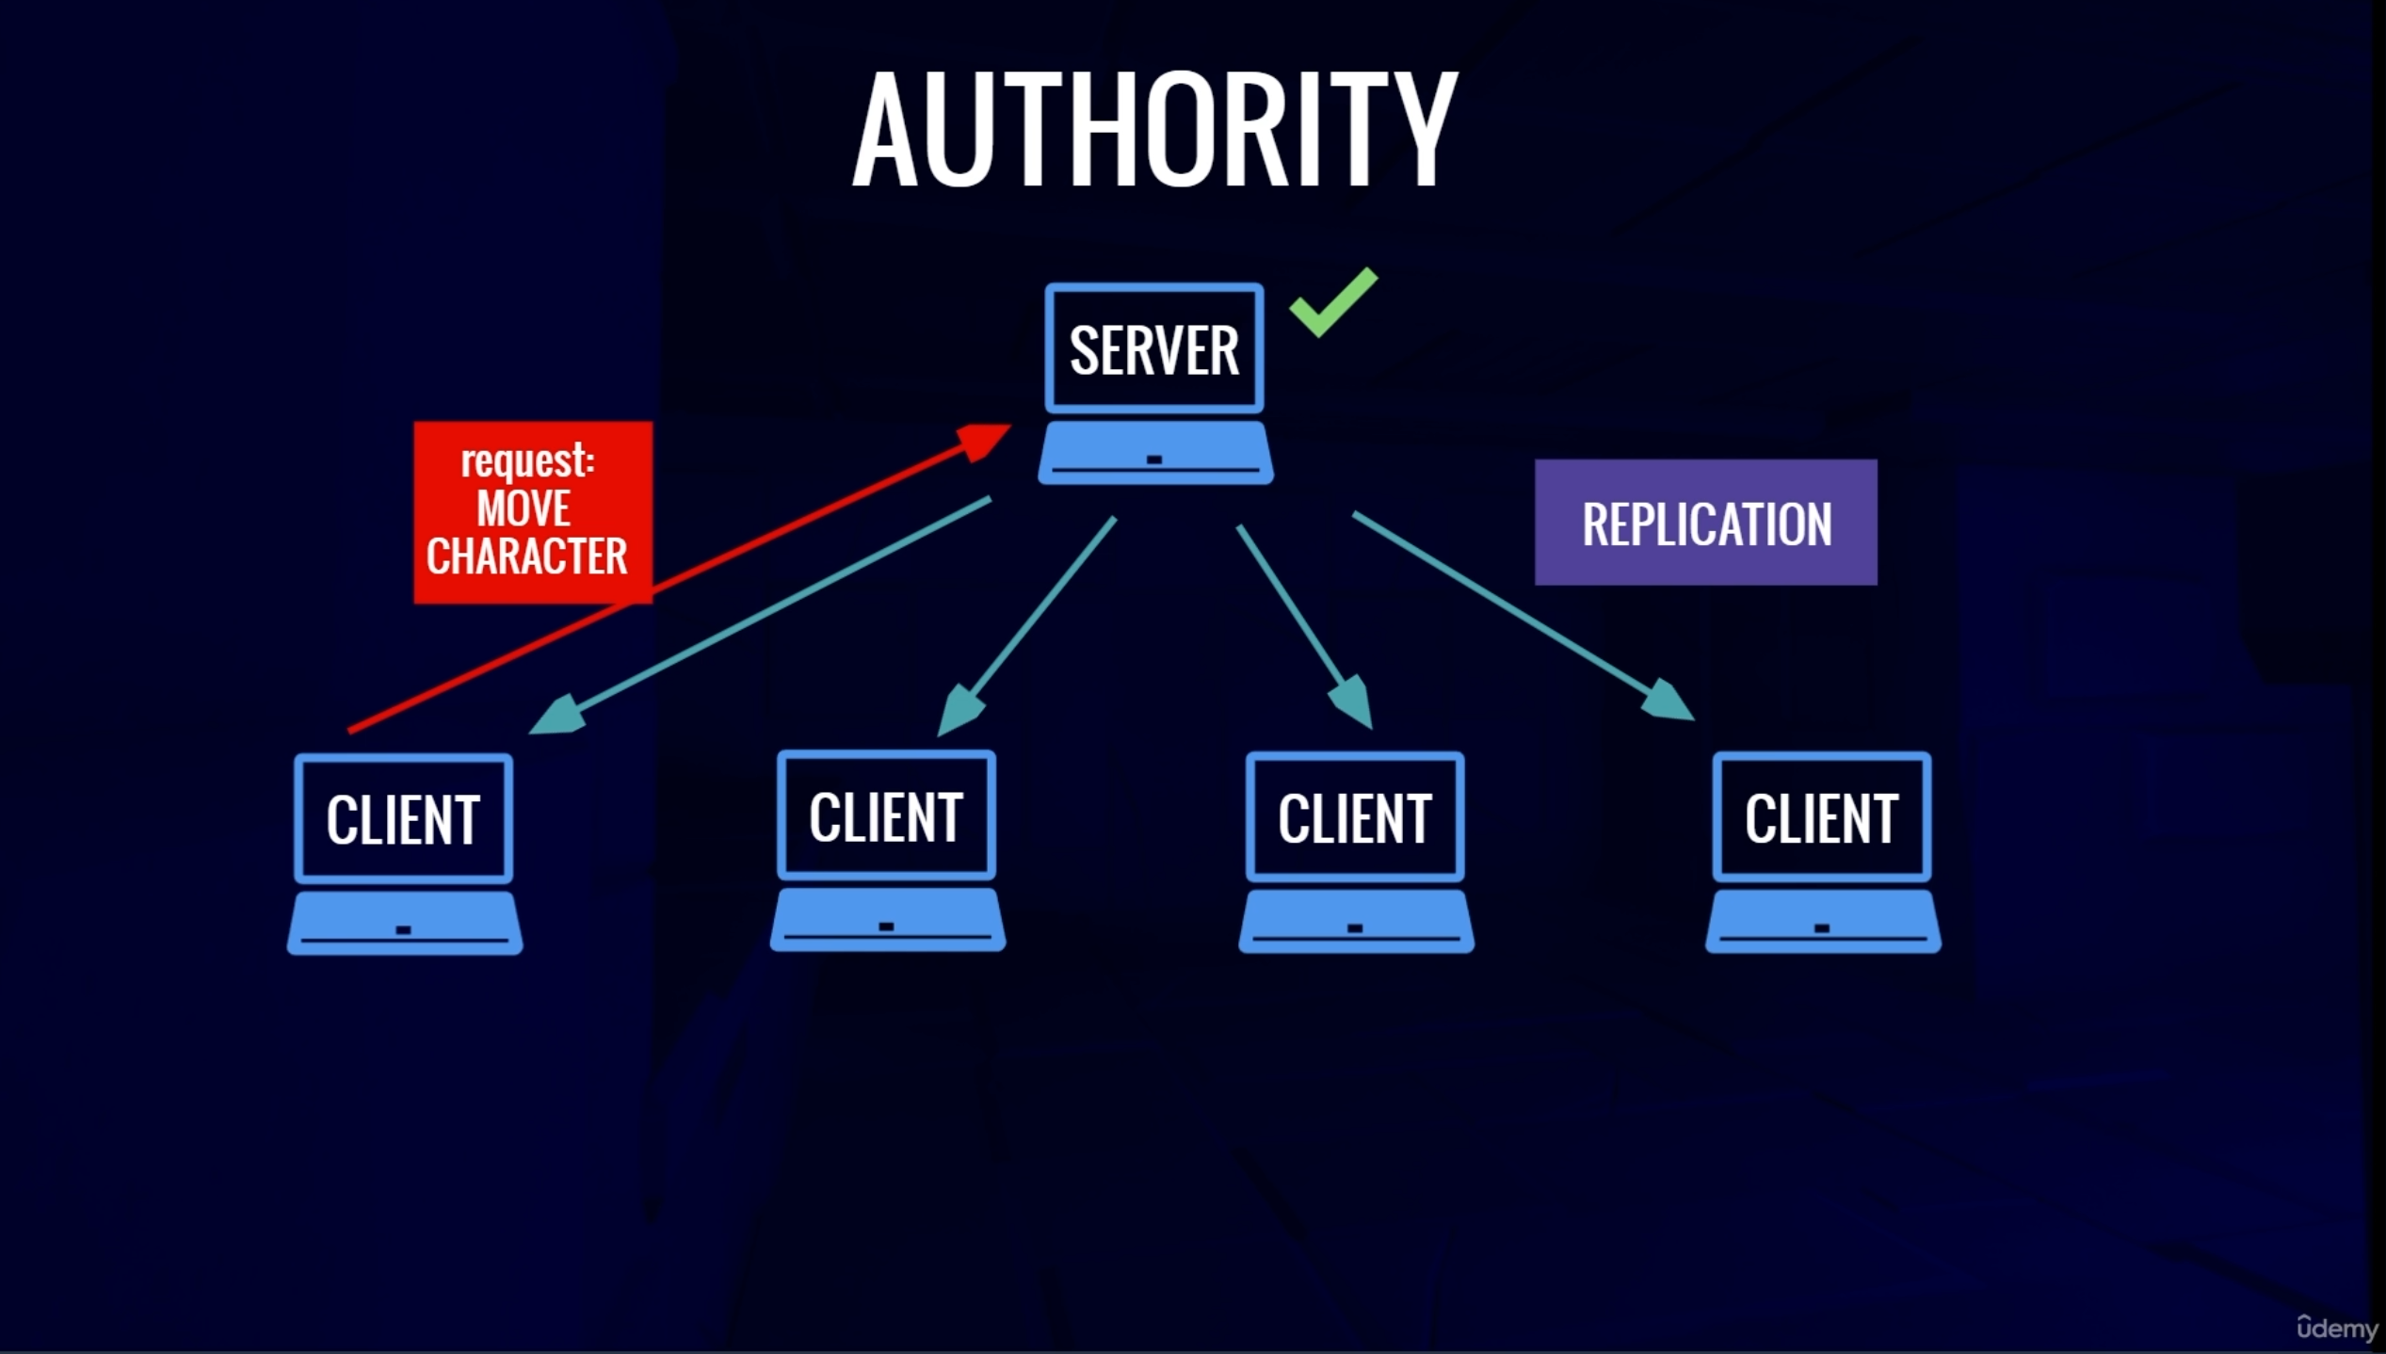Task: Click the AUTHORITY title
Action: coord(1154,129)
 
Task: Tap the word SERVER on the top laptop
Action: coord(1153,350)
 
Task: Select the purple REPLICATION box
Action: coord(1705,523)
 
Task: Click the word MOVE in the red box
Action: coord(524,509)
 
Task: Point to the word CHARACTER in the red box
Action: coord(526,556)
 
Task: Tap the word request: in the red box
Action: coord(527,461)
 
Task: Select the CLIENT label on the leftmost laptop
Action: coord(403,819)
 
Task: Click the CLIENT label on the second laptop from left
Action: coord(886,816)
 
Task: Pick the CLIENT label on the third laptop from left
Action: coord(1355,818)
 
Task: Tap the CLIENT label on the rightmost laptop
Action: coord(1821,818)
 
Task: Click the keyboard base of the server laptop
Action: coord(1155,454)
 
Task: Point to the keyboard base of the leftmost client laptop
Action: coord(405,925)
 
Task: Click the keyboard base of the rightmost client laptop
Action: coord(1823,923)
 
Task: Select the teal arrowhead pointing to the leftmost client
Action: coord(560,716)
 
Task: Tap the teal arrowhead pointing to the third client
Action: coord(1353,701)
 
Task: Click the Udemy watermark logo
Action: coord(2336,1327)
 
